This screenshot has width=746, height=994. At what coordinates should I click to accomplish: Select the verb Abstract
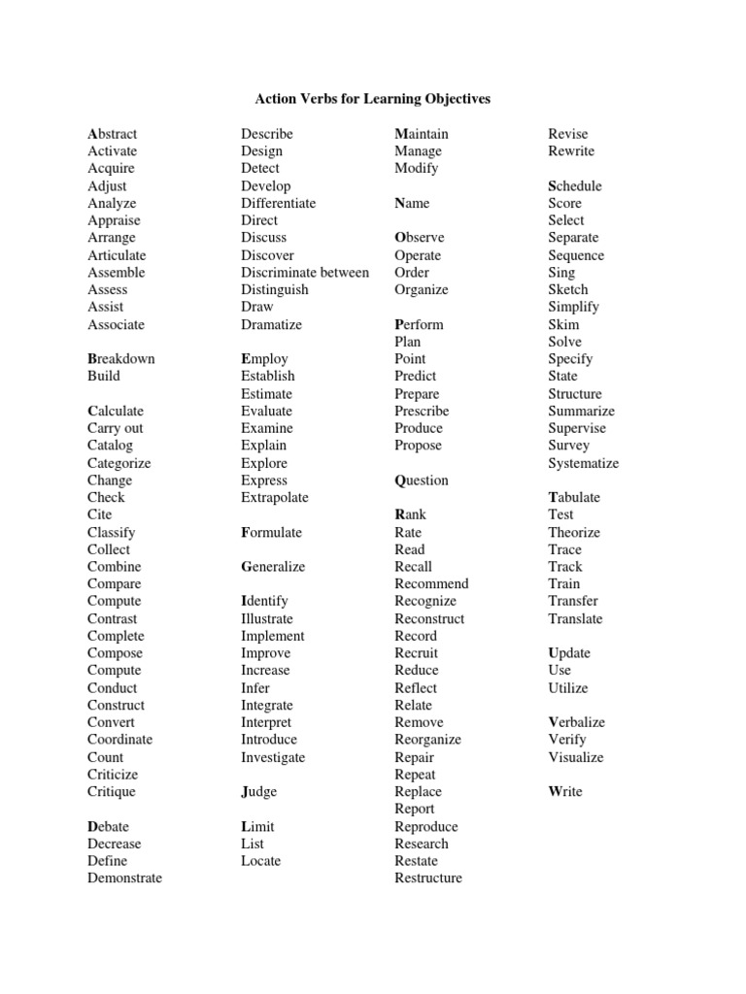[112, 134]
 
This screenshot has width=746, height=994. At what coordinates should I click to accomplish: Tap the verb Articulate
[117, 255]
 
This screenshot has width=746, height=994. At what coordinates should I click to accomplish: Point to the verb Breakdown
[121, 359]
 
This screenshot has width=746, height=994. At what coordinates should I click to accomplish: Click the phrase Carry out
[115, 428]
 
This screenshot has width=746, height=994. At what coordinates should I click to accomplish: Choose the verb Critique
[112, 792]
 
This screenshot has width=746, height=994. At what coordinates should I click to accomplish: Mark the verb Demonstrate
[124, 878]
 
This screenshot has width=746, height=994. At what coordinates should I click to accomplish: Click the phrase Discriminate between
[305, 273]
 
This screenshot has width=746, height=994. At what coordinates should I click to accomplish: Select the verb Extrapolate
[275, 498]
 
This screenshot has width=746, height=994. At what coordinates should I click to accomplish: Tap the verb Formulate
[271, 533]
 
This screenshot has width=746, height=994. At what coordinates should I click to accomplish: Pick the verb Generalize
[273, 567]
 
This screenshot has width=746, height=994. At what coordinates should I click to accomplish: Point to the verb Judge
[258, 792]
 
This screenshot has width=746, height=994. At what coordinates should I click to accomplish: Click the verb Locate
[260, 861]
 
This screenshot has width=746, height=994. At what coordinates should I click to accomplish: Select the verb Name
[412, 204]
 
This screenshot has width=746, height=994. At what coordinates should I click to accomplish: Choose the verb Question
[422, 480]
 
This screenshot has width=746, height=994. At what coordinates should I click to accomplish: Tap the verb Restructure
[428, 878]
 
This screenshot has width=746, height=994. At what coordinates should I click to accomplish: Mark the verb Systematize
[583, 464]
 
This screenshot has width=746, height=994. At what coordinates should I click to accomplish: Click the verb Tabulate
[574, 498]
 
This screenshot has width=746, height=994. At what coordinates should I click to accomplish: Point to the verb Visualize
[575, 757]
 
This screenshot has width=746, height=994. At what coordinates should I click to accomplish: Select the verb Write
[565, 792]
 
